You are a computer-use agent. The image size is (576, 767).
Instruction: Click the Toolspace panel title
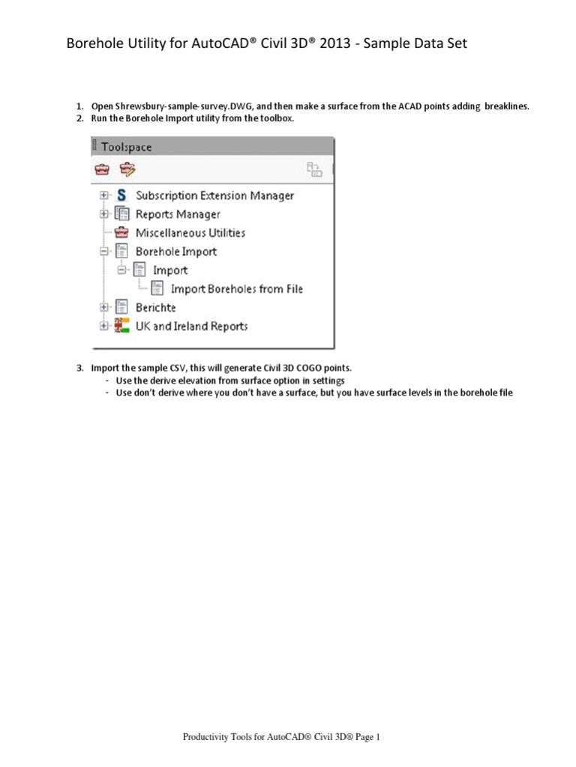[x=125, y=148]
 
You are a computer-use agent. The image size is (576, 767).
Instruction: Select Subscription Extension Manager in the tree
[x=214, y=195]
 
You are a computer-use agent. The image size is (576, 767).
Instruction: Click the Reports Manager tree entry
[x=177, y=214]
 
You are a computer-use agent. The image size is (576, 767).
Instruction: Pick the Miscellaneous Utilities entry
[x=190, y=233]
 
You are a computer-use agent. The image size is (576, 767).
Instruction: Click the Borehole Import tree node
[x=175, y=252]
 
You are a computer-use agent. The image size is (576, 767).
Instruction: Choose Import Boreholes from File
[x=237, y=288]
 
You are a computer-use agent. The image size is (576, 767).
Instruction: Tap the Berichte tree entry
[x=155, y=307]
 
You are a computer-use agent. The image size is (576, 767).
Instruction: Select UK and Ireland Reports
[x=191, y=326]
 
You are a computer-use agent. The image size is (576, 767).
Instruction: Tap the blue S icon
[x=121, y=195]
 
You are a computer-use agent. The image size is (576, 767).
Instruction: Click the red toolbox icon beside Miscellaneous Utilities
[x=121, y=233]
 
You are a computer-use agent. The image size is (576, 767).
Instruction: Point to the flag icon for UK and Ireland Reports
[x=121, y=326]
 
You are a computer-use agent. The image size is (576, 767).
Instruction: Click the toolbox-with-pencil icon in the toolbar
[x=127, y=170]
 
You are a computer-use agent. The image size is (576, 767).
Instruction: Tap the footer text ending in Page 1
[x=282, y=738]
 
